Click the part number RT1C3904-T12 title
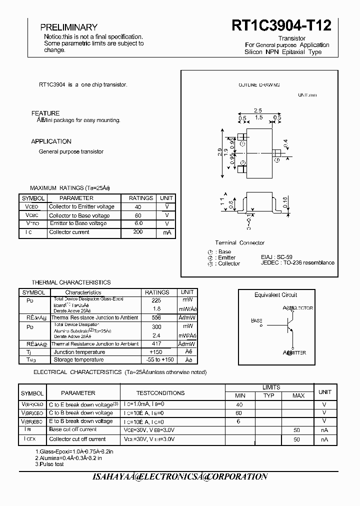[x=281, y=26]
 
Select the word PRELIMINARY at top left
[x=68, y=27]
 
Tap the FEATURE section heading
[x=45, y=113]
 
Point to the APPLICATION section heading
[x=51, y=141]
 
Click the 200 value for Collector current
[x=138, y=232]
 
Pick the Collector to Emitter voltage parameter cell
[x=81, y=206]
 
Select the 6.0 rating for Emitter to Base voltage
[x=138, y=223]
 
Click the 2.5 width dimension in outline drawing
[x=258, y=110]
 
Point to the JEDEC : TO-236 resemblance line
[x=297, y=263]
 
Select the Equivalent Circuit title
[x=275, y=295]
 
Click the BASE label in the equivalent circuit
[x=256, y=320]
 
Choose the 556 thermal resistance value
[x=156, y=317]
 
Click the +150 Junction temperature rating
[x=156, y=352]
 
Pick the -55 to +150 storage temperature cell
[x=156, y=359]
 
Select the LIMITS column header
[x=271, y=387]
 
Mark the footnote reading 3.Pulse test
[x=49, y=464]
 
